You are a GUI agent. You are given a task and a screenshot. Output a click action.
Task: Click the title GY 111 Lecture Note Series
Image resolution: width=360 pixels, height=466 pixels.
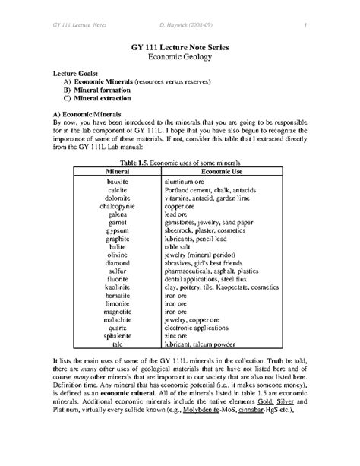tap(180, 46)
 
